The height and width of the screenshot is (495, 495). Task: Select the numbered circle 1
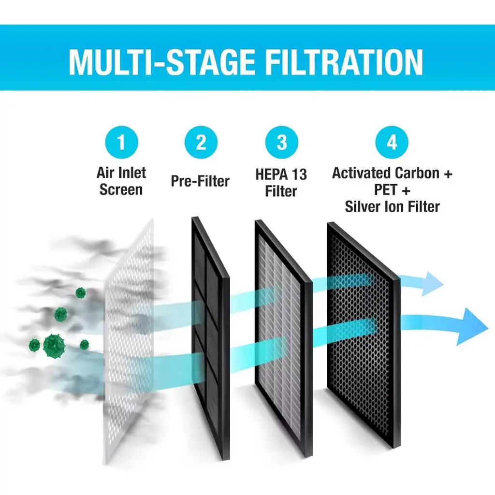click(x=121, y=143)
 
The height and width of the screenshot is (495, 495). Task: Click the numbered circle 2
click(x=201, y=143)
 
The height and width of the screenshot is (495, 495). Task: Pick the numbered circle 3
click(x=282, y=143)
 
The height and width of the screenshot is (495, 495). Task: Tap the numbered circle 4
click(x=392, y=143)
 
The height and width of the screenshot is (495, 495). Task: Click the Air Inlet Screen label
click(x=121, y=181)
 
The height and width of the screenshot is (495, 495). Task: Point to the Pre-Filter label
click(x=200, y=181)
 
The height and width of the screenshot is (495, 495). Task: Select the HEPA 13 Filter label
click(x=281, y=183)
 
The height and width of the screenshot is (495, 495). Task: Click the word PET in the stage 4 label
click(x=385, y=189)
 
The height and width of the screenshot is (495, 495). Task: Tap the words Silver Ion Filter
click(x=392, y=207)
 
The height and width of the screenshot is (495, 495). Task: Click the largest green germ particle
click(x=54, y=346)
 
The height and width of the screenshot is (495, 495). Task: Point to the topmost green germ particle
click(x=81, y=293)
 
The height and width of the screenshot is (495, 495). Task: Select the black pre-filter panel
click(x=211, y=338)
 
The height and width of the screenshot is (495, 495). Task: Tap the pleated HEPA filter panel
click(x=283, y=338)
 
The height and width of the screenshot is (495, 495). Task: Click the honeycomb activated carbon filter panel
click(x=364, y=335)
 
